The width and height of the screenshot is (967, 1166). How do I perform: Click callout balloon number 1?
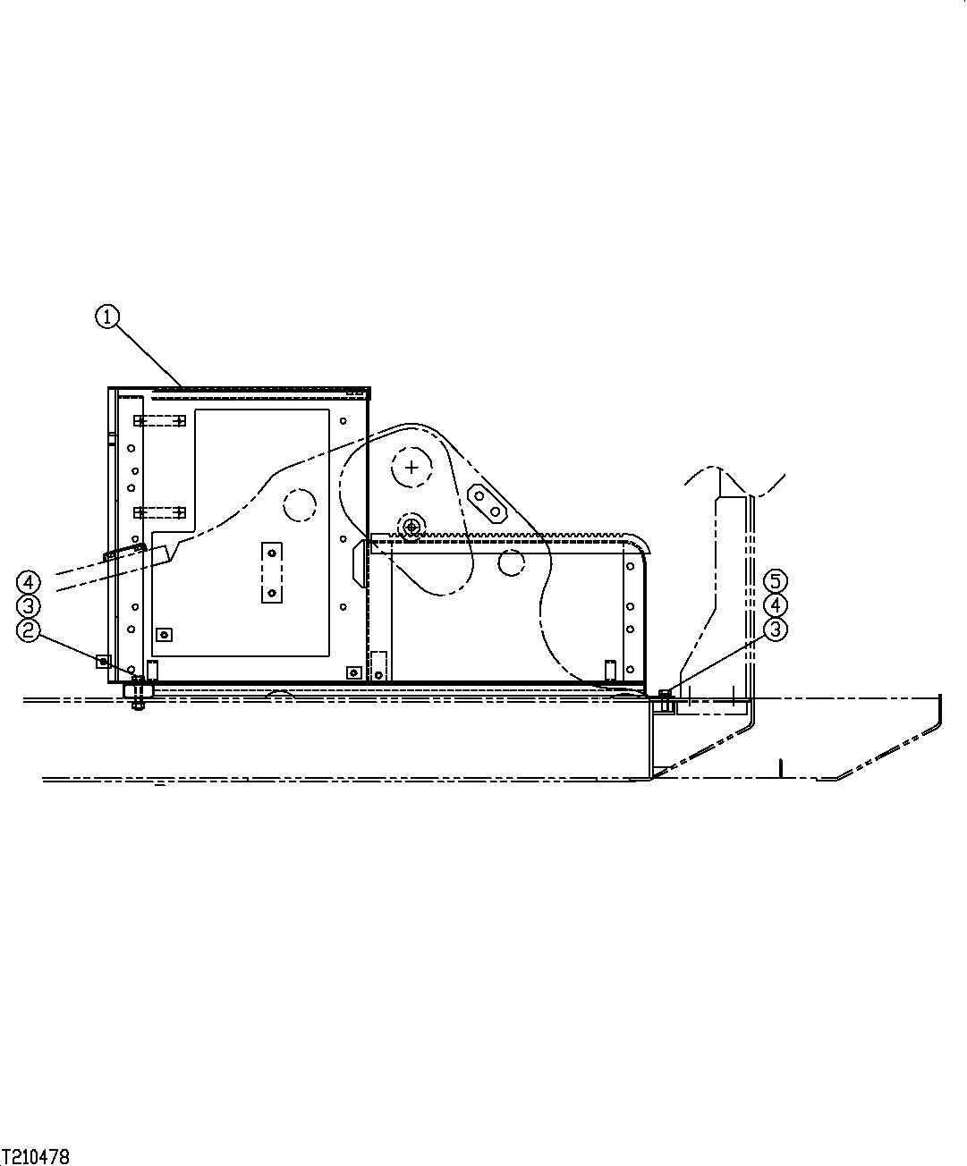pyautogui.click(x=107, y=317)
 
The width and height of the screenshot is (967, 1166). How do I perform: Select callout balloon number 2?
pyautogui.click(x=29, y=631)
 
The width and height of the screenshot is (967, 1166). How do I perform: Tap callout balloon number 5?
pyautogui.click(x=776, y=581)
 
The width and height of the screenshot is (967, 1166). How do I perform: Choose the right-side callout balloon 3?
pyautogui.click(x=776, y=629)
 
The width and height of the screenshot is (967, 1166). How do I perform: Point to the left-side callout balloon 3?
pyautogui.click(x=29, y=607)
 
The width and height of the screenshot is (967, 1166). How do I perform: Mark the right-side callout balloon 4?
pyautogui.click(x=776, y=605)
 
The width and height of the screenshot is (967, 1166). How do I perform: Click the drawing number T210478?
pyautogui.click(x=36, y=1157)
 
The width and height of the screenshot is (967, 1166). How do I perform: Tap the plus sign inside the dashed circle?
pyautogui.click(x=411, y=466)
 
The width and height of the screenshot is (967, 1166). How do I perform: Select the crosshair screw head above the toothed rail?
pyautogui.click(x=411, y=527)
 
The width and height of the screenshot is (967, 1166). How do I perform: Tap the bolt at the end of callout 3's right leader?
pyautogui.click(x=664, y=695)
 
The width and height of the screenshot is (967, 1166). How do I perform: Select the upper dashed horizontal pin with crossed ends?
pyautogui.click(x=159, y=420)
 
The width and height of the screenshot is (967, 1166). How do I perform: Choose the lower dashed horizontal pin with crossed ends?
pyautogui.click(x=159, y=512)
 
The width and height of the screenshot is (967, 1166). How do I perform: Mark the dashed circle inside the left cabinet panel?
pyautogui.click(x=301, y=504)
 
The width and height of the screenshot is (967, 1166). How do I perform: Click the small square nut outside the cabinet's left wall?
pyautogui.click(x=104, y=662)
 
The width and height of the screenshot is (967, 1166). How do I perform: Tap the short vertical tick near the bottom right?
pyautogui.click(x=781, y=767)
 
